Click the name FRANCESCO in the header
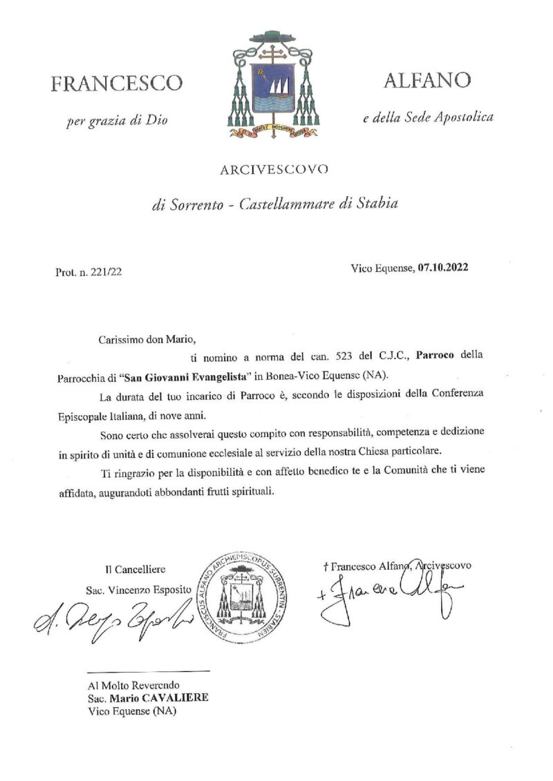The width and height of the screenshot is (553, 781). click(117, 84)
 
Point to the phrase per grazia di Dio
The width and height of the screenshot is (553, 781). click(117, 122)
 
